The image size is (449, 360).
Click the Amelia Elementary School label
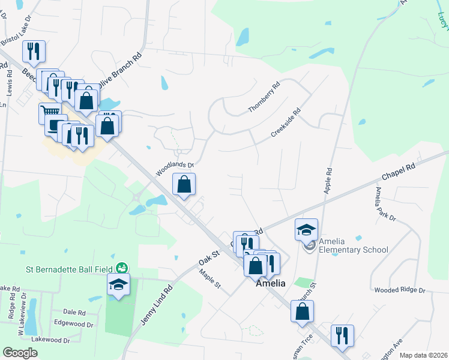click(354, 245)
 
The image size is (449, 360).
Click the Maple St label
click(211, 279)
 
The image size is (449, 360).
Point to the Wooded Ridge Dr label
click(399, 290)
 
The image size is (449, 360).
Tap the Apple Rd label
click(328, 179)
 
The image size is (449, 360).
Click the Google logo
click(20, 352)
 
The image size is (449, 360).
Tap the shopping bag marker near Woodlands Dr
click(184, 185)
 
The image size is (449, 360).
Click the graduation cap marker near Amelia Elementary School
click(306, 229)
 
